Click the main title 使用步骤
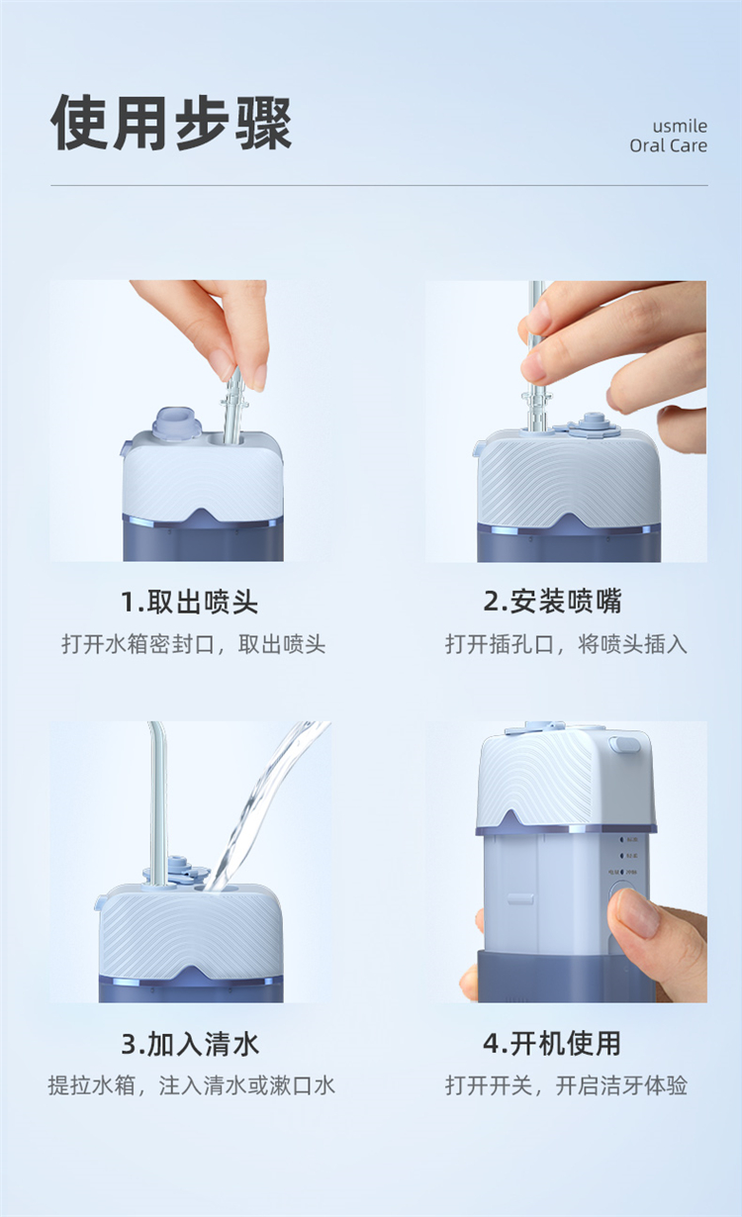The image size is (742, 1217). (x=171, y=123)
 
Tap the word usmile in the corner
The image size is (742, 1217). (x=680, y=126)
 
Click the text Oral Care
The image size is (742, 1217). (x=668, y=145)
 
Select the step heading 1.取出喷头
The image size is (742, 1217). (x=189, y=602)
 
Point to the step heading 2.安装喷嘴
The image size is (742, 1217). (x=552, y=602)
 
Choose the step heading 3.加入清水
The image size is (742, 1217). (x=190, y=1044)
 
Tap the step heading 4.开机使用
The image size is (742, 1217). (x=552, y=1044)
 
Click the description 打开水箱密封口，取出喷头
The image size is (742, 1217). (x=193, y=645)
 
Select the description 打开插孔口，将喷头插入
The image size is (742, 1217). (x=566, y=644)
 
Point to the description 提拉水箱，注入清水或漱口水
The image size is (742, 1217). (x=191, y=1086)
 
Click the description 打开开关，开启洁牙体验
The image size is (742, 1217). (x=566, y=1086)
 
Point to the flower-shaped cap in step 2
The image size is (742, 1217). (x=594, y=425)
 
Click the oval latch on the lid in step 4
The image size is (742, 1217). (x=624, y=744)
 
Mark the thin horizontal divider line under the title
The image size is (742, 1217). (x=379, y=185)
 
